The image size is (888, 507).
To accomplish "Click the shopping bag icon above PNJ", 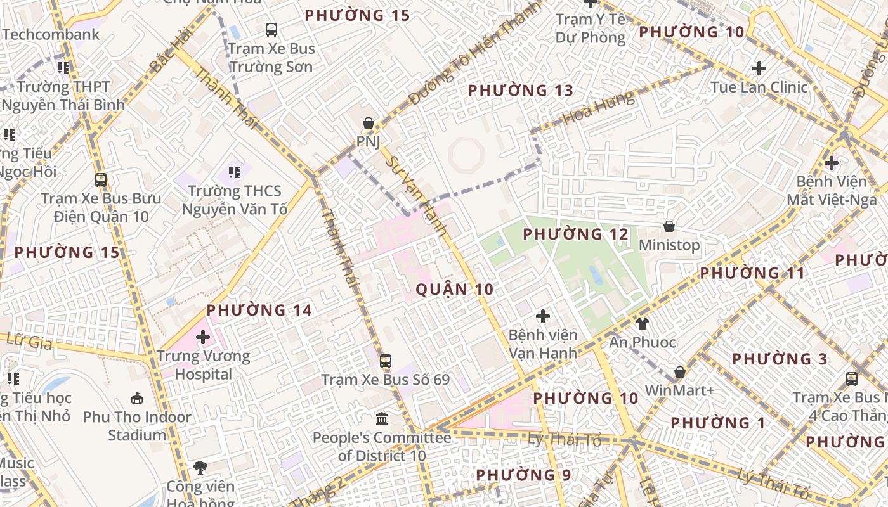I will click(368, 123).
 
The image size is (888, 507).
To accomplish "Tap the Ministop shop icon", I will click(669, 226).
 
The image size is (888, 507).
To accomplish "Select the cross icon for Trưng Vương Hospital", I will click(203, 337).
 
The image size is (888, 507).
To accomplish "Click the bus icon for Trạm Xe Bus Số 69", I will click(385, 361).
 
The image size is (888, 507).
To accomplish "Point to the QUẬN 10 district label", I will click(454, 290).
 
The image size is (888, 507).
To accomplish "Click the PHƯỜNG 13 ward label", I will click(521, 91).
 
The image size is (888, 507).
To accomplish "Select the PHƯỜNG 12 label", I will click(575, 234).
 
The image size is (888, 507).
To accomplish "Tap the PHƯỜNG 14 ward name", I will click(259, 310).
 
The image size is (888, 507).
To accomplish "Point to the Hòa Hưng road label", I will click(597, 107).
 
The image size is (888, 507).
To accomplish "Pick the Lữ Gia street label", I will click(28, 340).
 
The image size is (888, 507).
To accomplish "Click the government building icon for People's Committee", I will click(382, 419).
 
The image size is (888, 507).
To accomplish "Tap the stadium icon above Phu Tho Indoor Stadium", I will click(137, 398).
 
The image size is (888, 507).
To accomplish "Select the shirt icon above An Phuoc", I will click(643, 324).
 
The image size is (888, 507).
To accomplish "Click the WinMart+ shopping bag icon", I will click(680, 372).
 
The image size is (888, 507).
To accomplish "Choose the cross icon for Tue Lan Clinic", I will click(759, 68).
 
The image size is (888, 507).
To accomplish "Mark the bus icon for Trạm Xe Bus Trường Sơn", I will click(271, 29).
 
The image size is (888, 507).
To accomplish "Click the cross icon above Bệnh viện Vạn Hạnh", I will click(542, 316).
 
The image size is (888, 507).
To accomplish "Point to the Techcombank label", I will click(51, 34).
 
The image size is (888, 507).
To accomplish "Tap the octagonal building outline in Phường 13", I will click(466, 154).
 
